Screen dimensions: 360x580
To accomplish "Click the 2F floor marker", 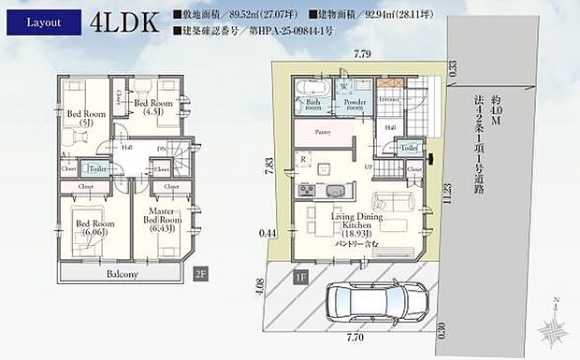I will pyautogui.click(x=200, y=273).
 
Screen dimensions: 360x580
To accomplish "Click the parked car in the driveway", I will pyautogui.click(x=369, y=303).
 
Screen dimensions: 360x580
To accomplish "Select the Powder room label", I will pyautogui.click(x=355, y=104).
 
